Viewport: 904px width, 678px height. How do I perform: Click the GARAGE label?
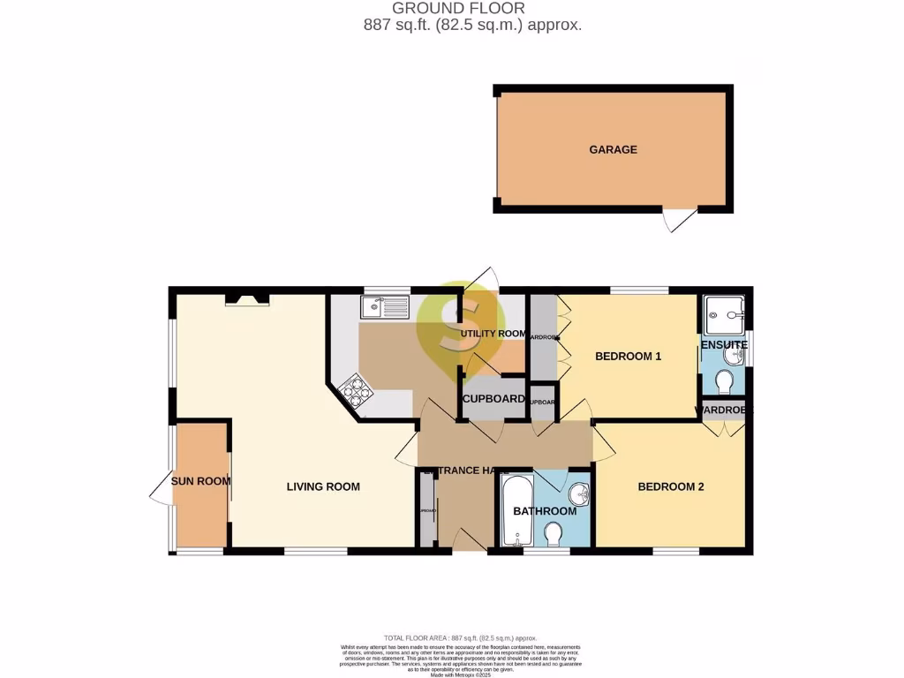(613, 150)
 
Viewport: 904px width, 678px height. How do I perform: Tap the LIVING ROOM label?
(323, 486)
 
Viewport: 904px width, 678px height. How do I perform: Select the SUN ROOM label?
(200, 481)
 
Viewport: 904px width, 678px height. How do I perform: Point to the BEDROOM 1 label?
(628, 357)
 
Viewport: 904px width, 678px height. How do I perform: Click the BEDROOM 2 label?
(671, 486)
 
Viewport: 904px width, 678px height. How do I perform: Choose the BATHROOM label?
(545, 511)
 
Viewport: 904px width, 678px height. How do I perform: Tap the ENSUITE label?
(724, 344)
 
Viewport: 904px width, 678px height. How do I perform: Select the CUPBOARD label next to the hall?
(494, 399)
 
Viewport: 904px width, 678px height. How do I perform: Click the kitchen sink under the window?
(384, 308)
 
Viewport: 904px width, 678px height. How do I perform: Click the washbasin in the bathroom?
(578, 491)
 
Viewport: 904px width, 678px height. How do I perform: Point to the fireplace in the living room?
(246, 300)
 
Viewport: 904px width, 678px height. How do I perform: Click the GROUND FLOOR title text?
(451, 8)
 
